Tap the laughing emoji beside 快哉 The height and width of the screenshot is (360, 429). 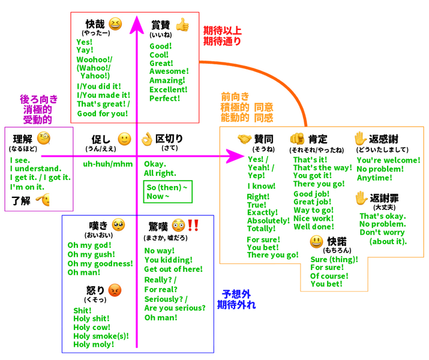point(115,24)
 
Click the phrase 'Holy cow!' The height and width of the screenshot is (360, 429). point(91,327)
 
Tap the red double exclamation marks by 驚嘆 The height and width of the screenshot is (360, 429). point(193,225)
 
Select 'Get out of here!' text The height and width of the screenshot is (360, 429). point(173,269)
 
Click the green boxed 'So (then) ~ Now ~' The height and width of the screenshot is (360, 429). point(167,192)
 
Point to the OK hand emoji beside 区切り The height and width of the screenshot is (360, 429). point(146,139)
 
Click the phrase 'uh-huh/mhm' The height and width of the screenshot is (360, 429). point(108,164)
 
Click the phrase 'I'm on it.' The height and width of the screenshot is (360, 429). point(28,187)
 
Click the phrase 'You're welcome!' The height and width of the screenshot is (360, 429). point(388,160)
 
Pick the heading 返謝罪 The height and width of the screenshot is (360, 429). point(384,197)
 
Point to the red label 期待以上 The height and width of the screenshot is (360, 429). point(223,30)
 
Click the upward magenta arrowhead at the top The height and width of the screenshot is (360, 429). point(137,25)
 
